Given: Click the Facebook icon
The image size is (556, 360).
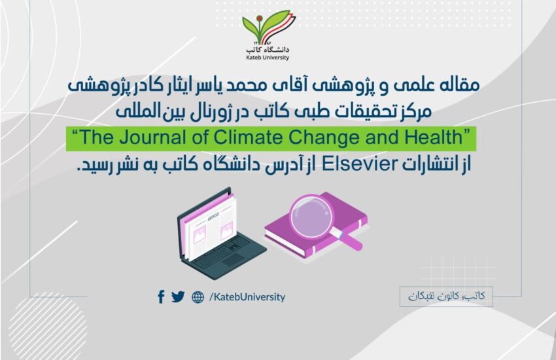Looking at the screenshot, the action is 161,297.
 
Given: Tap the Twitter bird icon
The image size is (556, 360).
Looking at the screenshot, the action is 178,297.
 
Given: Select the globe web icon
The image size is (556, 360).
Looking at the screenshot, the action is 198,297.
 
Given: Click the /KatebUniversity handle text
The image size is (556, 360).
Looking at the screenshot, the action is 247,297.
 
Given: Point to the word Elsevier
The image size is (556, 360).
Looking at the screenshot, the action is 360,164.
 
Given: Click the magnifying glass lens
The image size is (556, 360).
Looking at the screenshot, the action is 311,217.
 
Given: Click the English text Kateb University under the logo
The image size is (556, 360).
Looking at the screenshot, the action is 268,58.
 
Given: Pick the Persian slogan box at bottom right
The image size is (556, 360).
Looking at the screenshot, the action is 446,297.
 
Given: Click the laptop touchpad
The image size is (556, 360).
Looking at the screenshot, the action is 234,261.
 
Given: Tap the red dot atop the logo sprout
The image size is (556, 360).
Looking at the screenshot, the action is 260,18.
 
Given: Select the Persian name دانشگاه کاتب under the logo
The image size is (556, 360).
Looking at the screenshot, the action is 268,49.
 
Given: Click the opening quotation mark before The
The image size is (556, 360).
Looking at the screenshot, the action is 75,134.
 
